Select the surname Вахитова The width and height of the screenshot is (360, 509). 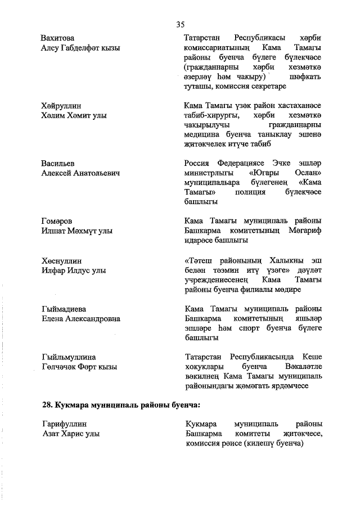[x=59, y=38]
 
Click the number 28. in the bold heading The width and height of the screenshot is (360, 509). [x=48, y=404]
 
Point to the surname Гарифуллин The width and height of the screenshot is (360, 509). [x=64, y=425]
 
